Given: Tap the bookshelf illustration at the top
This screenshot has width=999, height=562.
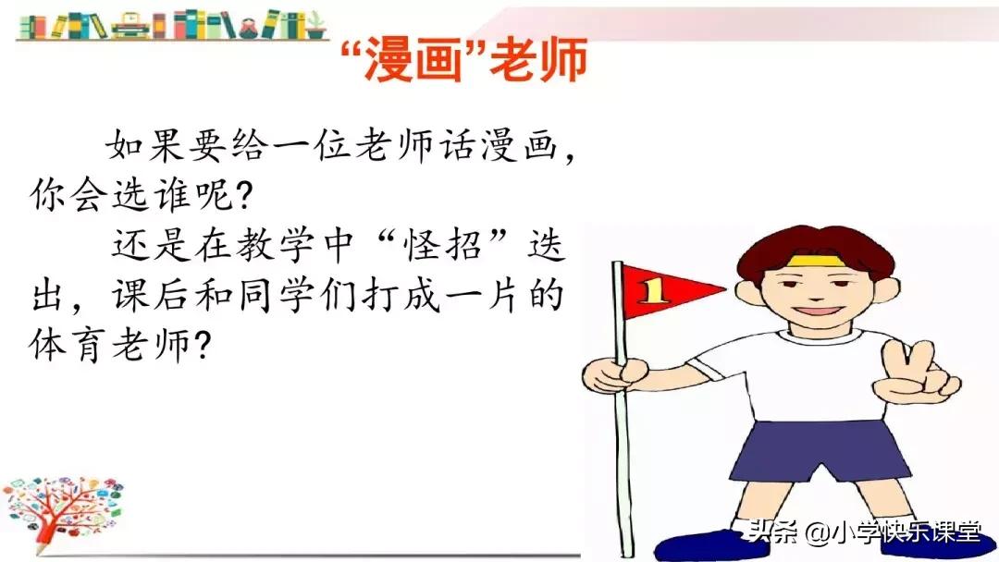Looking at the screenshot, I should (x=172, y=24).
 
